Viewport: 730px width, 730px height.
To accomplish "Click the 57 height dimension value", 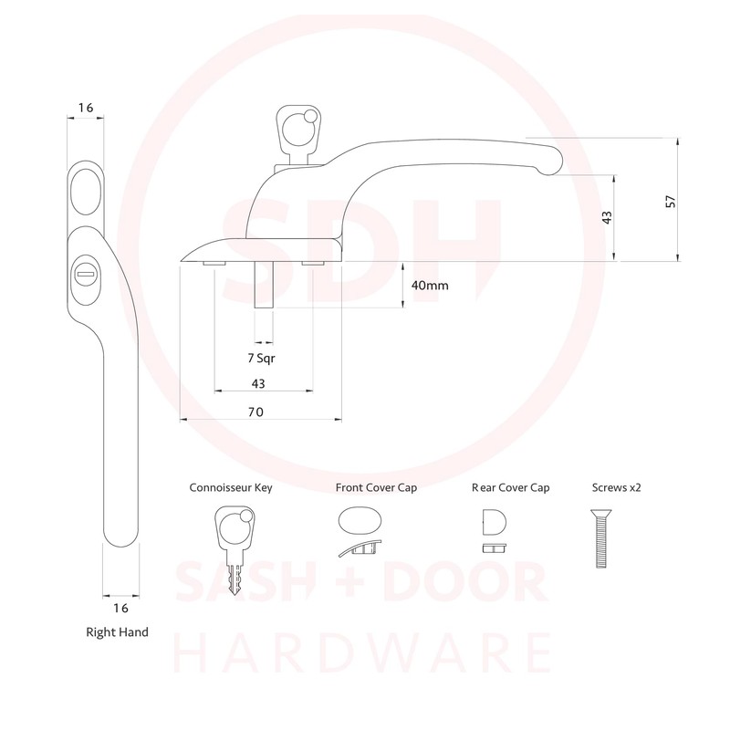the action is click(x=671, y=202).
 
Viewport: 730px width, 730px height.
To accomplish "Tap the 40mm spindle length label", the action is click(x=430, y=285).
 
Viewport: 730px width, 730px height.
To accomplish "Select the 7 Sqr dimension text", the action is click(x=261, y=358).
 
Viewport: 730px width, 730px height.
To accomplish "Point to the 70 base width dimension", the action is click(x=255, y=412).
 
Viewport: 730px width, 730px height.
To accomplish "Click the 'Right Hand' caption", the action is click(x=118, y=631).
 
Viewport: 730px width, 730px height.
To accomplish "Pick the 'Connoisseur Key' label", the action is click(x=231, y=487).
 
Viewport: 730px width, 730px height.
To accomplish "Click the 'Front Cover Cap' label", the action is click(x=376, y=487).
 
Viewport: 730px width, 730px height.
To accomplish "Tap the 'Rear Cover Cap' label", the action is click(x=511, y=487).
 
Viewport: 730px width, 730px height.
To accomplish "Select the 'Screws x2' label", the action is click(x=617, y=487).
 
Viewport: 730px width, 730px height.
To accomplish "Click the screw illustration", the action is click(x=601, y=538).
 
